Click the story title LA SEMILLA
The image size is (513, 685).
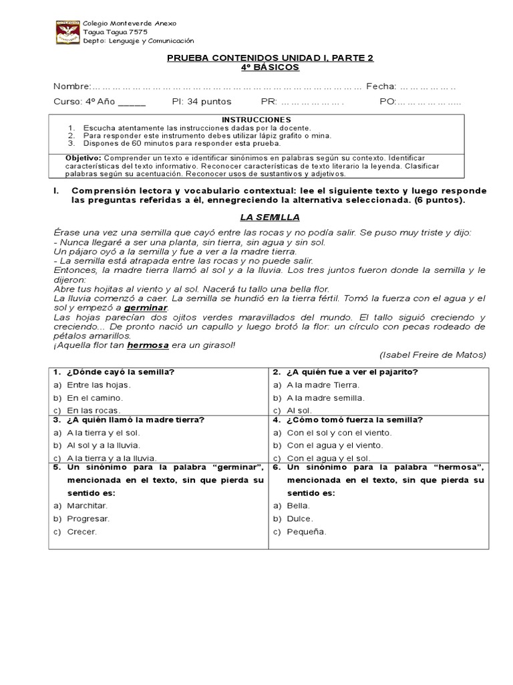click(270, 217)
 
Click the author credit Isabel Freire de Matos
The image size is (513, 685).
click(432, 355)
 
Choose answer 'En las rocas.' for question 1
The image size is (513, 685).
click(93, 410)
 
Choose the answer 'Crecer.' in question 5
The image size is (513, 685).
click(81, 532)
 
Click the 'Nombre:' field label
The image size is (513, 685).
click(72, 86)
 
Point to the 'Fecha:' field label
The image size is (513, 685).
click(381, 86)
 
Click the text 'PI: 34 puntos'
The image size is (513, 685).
click(201, 102)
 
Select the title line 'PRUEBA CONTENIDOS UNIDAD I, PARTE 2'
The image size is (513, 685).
click(270, 58)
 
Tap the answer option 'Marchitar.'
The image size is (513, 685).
click(87, 506)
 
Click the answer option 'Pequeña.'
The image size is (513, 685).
click(306, 532)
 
